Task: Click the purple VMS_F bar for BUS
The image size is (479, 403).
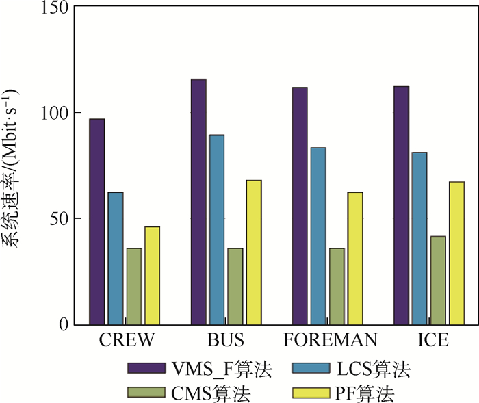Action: (x=198, y=202)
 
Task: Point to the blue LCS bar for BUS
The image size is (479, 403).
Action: (x=217, y=229)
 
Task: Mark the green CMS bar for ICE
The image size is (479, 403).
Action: (x=438, y=280)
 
